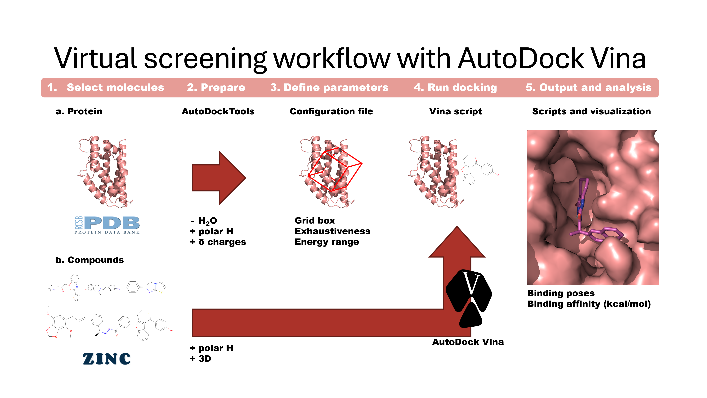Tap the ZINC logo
click(107, 359)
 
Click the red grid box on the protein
click(335, 170)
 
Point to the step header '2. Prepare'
click(216, 87)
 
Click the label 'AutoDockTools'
click(218, 111)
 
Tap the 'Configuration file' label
click(331, 111)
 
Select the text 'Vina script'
click(455, 111)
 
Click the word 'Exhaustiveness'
click(332, 231)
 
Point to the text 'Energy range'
click(327, 242)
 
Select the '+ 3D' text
click(201, 359)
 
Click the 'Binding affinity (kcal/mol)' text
click(589, 304)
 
